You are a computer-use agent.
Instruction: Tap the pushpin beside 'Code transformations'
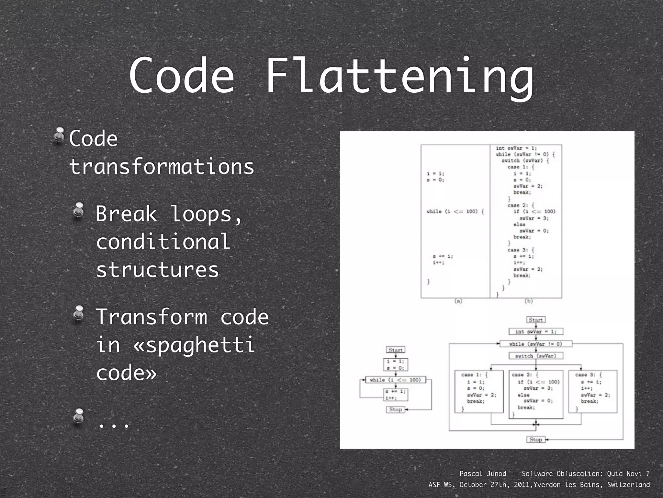[x=59, y=135]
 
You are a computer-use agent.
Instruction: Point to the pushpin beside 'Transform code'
[x=79, y=313]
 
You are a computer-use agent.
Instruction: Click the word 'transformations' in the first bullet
[x=162, y=167]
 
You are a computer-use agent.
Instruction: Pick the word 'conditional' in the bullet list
[x=163, y=242]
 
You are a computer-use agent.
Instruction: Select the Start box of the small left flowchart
[x=395, y=350]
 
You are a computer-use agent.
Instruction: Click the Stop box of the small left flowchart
[x=395, y=409]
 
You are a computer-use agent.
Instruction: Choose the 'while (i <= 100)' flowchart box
[x=395, y=380]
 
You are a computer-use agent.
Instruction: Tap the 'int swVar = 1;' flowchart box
[x=535, y=331]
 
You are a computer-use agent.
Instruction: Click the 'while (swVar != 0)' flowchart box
[x=535, y=344]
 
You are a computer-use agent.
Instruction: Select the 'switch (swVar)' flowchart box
[x=535, y=356]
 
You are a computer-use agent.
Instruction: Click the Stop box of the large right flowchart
[x=535, y=440]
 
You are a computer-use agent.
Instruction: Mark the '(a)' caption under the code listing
[x=458, y=301]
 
